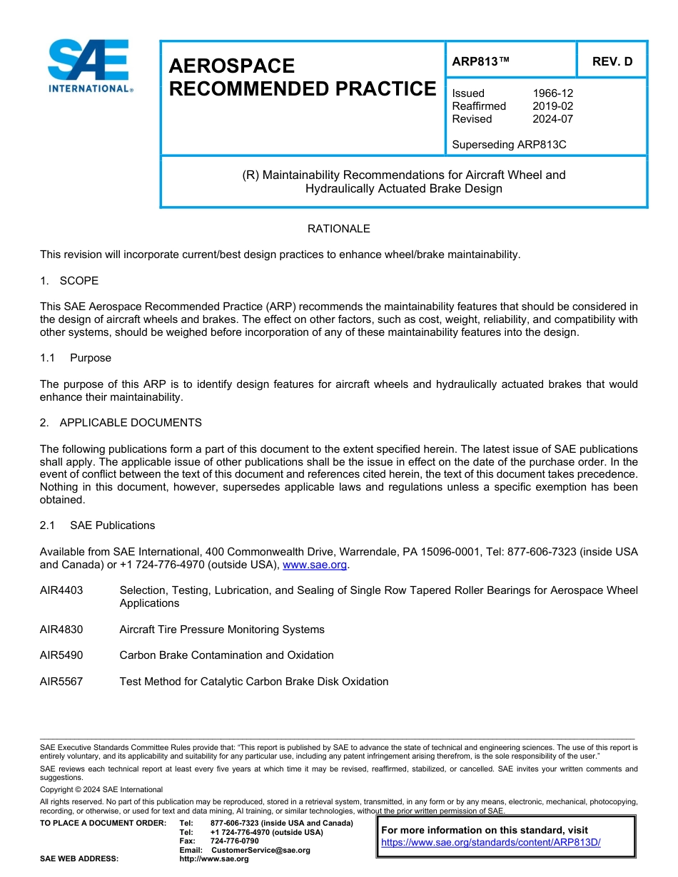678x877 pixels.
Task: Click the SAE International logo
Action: pyautogui.click(x=88, y=66)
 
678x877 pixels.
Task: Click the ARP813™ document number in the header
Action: pyautogui.click(x=480, y=61)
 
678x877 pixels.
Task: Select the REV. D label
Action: pyautogui.click(x=612, y=61)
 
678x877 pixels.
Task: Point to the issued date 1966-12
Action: pyautogui.click(x=552, y=93)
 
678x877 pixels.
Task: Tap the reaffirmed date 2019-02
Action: pyautogui.click(x=552, y=106)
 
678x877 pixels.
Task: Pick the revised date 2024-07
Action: pyautogui.click(x=552, y=119)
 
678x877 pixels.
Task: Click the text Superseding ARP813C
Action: pyautogui.click(x=509, y=145)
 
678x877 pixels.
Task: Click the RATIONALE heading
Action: pyautogui.click(x=338, y=229)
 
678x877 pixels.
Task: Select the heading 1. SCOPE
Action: pyautogui.click(x=69, y=281)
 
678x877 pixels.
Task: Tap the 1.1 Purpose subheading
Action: pyautogui.click(x=76, y=358)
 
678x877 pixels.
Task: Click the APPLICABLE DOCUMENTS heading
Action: pyautogui.click(x=131, y=423)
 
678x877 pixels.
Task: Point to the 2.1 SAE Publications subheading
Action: pyautogui.click(x=98, y=525)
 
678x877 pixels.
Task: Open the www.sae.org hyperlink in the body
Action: pyautogui.click(x=315, y=565)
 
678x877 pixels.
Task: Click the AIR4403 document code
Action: pyautogui.click(x=61, y=590)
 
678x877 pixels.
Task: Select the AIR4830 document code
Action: pyautogui.click(x=61, y=630)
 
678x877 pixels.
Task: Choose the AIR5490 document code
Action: pyautogui.click(x=61, y=655)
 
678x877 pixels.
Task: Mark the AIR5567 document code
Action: pyautogui.click(x=61, y=682)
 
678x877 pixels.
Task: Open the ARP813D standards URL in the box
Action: pyautogui.click(x=491, y=842)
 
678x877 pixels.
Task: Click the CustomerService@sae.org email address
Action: pyautogui.click(x=260, y=850)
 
